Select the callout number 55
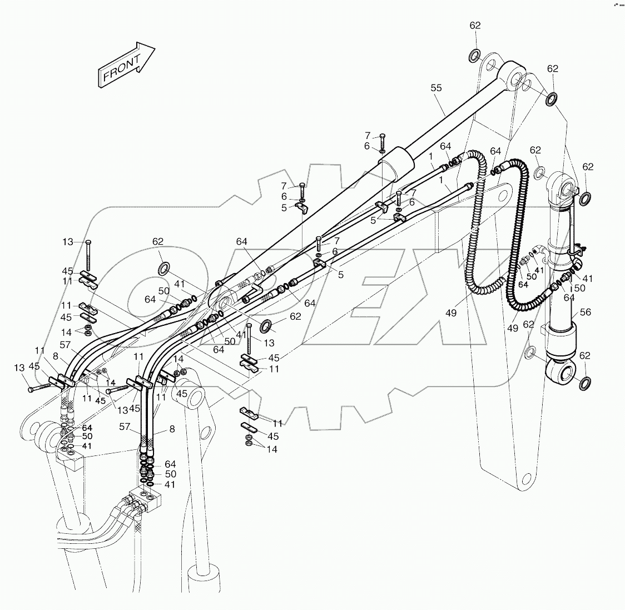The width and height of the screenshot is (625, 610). point(436,88)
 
